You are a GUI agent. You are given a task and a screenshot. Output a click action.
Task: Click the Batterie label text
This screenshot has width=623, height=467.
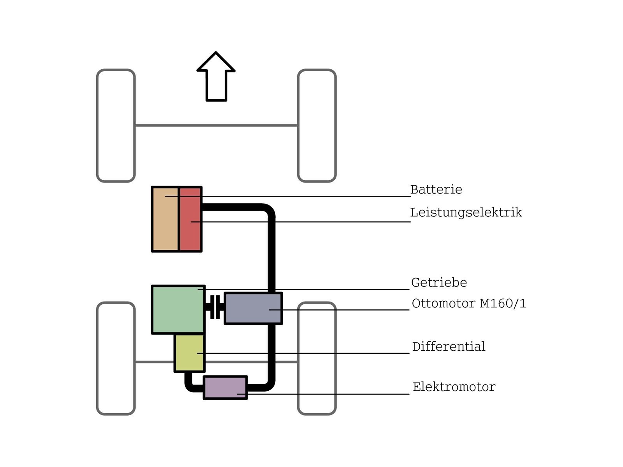tap(436, 190)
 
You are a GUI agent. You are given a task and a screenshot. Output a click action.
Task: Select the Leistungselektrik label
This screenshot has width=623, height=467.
tap(466, 212)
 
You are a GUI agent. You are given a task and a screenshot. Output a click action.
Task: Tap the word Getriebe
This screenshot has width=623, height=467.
tap(439, 283)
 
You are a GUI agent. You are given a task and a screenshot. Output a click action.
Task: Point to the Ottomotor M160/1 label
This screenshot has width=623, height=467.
tap(469, 304)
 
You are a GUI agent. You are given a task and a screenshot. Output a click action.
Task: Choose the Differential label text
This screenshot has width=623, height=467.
tap(449, 346)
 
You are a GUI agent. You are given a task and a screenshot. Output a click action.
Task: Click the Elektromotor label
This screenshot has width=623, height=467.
tap(454, 387)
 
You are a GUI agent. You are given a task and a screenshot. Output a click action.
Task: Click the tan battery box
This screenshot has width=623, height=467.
tap(165, 219)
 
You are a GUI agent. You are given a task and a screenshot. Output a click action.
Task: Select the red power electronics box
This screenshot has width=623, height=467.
tap(190, 219)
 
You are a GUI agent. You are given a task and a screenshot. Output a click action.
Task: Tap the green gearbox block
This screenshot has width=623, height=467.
tap(178, 309)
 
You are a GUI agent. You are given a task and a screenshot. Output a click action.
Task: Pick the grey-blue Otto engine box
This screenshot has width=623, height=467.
tap(253, 308)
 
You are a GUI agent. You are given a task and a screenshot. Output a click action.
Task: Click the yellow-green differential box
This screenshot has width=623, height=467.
tap(190, 353)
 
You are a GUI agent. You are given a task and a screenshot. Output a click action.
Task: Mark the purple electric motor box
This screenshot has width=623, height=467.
tap(225, 388)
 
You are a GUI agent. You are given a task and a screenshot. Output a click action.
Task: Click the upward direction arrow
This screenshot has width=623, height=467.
tap(216, 76)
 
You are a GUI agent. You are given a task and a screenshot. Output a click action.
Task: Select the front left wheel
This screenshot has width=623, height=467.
tap(116, 125)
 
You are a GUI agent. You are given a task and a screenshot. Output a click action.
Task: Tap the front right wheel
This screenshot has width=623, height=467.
tap(317, 125)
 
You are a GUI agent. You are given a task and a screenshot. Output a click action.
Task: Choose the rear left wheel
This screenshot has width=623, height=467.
tap(116, 359)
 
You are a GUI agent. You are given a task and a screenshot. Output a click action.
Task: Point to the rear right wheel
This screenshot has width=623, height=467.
tap(317, 359)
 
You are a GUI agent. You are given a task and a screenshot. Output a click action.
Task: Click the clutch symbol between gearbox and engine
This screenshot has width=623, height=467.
tap(215, 307)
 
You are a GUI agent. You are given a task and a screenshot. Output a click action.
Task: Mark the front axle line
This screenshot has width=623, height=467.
tap(216, 125)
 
